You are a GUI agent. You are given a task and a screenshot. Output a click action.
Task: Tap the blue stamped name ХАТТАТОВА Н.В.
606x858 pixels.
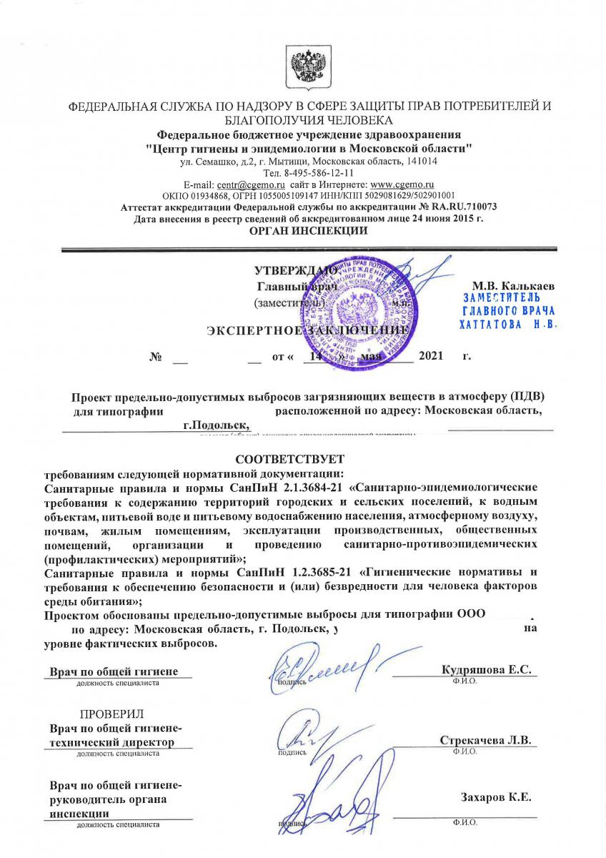click(x=508, y=323)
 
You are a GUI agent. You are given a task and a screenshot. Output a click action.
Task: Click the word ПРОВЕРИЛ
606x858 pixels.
click(x=111, y=714)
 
